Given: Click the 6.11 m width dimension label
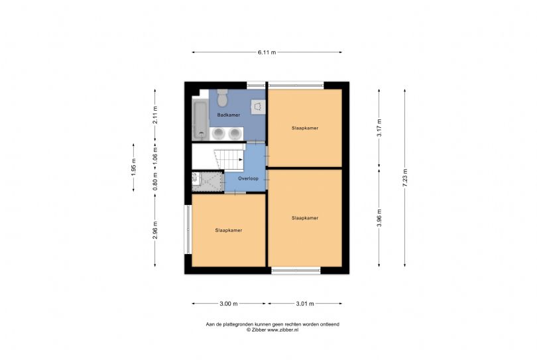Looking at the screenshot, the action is pyautogui.click(x=267, y=52).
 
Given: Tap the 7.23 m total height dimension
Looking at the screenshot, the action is pyautogui.click(x=405, y=178).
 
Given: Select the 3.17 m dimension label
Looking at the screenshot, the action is pyautogui.click(x=379, y=128).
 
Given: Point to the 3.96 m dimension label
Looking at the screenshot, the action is pyautogui.click(x=379, y=218).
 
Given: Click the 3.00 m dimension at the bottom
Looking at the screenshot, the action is pyautogui.click(x=229, y=304).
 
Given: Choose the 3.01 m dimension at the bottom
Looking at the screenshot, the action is pyautogui.click(x=305, y=304).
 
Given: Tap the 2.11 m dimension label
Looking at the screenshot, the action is pyautogui.click(x=155, y=115).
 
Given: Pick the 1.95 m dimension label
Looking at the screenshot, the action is pyautogui.click(x=133, y=168).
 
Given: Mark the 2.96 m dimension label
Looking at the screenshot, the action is pyautogui.click(x=155, y=230).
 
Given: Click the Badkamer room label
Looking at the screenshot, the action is pyautogui.click(x=229, y=115).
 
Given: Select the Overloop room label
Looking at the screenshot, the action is pyautogui.click(x=249, y=178).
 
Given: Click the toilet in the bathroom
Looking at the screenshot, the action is pyautogui.click(x=223, y=97).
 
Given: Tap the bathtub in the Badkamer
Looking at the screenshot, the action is pyautogui.click(x=200, y=120).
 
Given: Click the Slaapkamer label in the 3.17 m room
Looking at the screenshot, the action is pyautogui.click(x=305, y=128).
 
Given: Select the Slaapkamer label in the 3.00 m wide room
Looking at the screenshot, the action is pyautogui.click(x=229, y=231).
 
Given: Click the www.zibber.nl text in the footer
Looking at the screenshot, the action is pyautogui.click(x=282, y=330).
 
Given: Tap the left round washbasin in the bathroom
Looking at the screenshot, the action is pyautogui.click(x=218, y=133).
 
